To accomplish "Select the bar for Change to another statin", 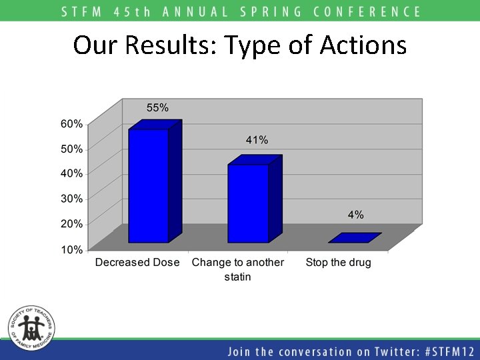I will point(248,203).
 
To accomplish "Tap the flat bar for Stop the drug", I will point(355,238).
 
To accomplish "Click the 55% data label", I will point(157,107).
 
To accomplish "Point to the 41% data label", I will point(257,140).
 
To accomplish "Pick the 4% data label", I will point(355,215).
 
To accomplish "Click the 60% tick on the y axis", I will point(73,123).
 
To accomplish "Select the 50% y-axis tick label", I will point(73,149).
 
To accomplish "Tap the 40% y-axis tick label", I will point(73,173).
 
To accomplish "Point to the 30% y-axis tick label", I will point(73,198).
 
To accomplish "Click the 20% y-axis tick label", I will point(73,223).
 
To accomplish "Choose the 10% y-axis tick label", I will point(73,249).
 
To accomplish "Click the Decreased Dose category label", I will point(137,263).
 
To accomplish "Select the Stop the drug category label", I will point(338,263).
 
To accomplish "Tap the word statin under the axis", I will point(237,277).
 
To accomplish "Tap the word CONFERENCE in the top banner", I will point(363,11).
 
